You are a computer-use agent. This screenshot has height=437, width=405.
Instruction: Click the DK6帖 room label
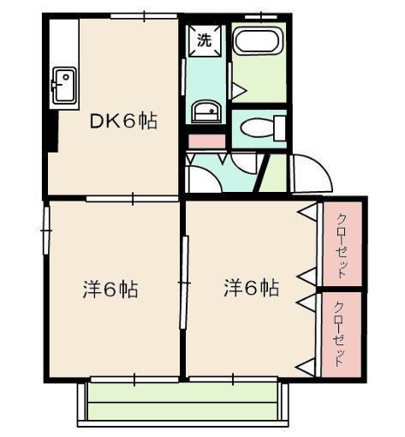(x=123, y=122)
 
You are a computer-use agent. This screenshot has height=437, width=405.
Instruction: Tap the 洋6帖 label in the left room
(x=109, y=289)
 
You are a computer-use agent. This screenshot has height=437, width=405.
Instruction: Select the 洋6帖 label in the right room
(x=251, y=288)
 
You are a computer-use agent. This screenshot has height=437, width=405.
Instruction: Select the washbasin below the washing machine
(x=205, y=111)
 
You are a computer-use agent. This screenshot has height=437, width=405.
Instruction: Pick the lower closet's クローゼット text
(x=341, y=335)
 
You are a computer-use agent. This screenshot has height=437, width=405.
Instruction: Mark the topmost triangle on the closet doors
(x=305, y=211)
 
